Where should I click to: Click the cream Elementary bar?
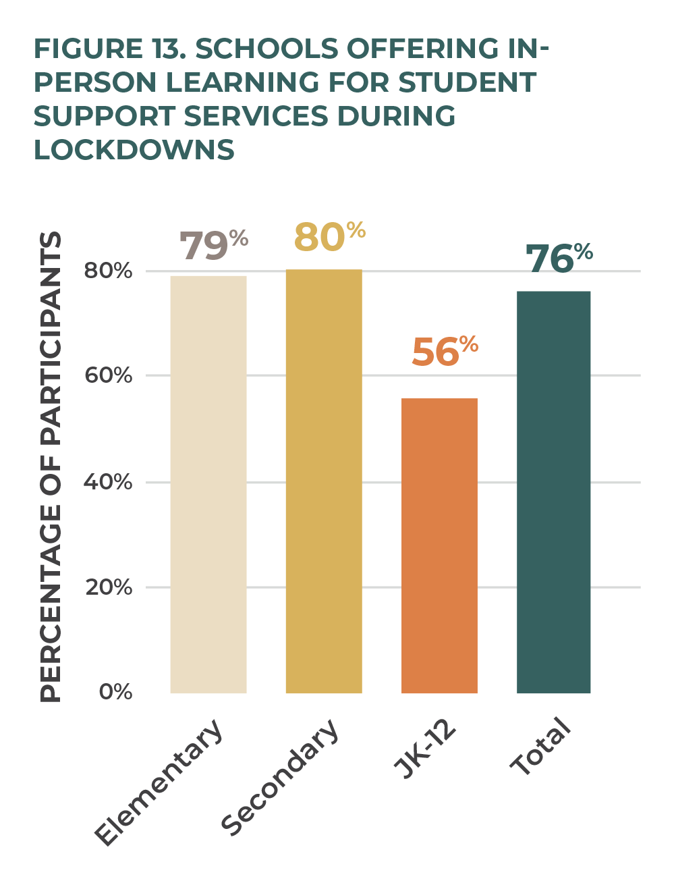coord(208,484)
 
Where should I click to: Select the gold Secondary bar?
coord(324,481)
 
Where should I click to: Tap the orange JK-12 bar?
coord(439,545)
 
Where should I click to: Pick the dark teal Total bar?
coord(553,491)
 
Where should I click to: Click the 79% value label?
coord(213,245)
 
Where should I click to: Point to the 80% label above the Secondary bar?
coord(329,237)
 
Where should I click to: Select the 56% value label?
coord(444,351)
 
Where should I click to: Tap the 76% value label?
coord(559,258)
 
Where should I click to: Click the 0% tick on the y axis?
coord(115,692)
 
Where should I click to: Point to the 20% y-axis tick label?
coord(109,587)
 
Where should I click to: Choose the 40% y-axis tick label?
coord(108,482)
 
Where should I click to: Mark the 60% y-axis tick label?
coord(108,375)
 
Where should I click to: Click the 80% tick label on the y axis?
coord(108,271)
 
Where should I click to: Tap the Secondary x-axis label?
coord(280,777)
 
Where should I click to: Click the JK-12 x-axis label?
coord(426,749)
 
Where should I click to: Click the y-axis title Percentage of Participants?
coord(51,466)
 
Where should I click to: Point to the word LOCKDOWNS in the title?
coord(134,150)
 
